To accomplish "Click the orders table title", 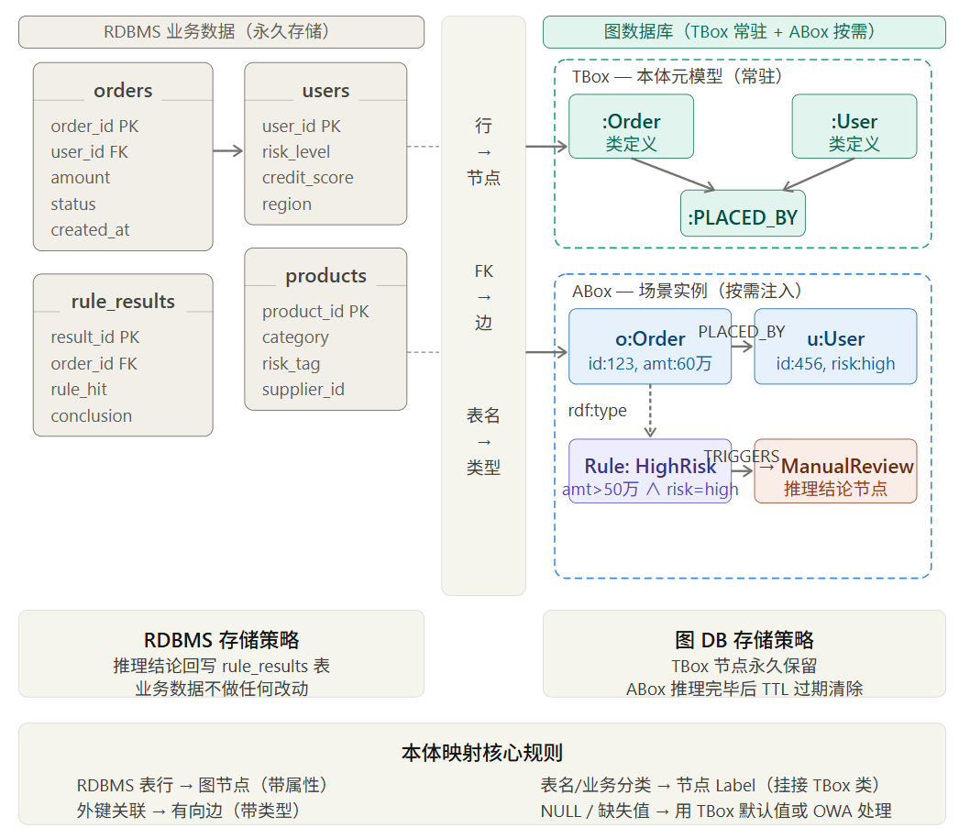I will (x=123, y=91).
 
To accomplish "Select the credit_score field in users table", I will (x=307, y=178).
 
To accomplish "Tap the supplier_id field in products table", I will (x=303, y=390).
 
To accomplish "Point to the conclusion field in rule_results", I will (x=92, y=416).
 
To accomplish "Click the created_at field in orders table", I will (x=90, y=230).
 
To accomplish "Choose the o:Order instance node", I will (x=650, y=346).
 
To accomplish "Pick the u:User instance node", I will (x=835, y=346).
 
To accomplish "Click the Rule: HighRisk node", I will (x=650, y=471).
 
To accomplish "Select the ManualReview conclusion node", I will (x=835, y=471).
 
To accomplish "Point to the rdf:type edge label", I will (x=597, y=410).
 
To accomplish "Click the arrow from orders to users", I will (x=228, y=151).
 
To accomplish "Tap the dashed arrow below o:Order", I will (x=650, y=411).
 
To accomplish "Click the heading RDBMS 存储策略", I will (x=221, y=640).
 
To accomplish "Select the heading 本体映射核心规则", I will (x=481, y=754).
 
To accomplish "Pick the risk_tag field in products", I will (x=291, y=364).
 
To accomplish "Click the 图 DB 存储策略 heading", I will (x=744, y=640).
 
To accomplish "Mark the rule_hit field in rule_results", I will (x=79, y=390).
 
